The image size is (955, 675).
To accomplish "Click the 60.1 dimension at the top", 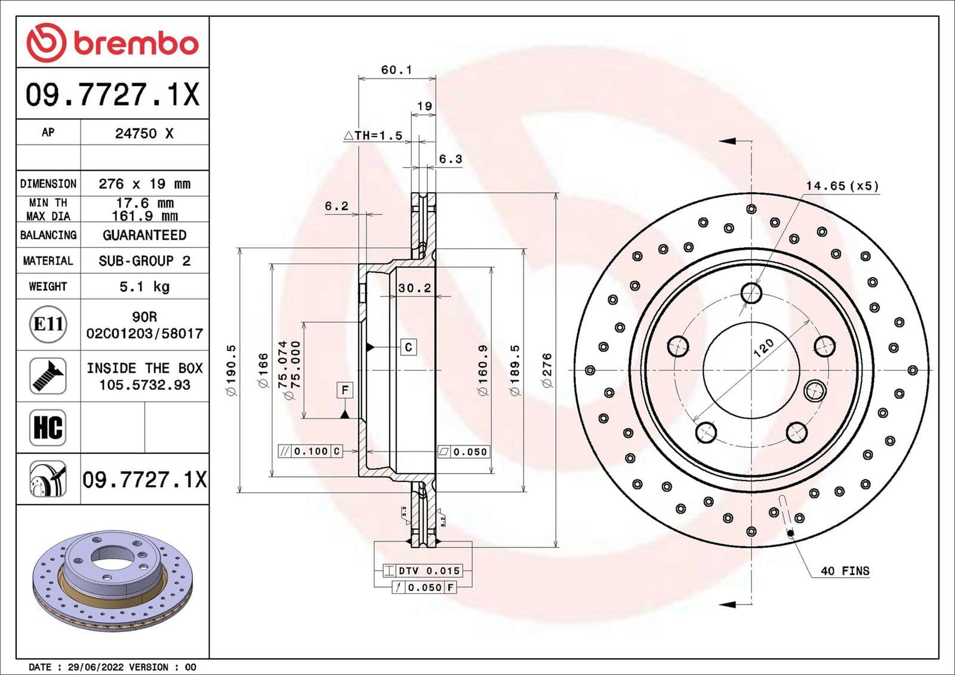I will [x=396, y=70].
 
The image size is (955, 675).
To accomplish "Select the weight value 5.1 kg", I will [x=144, y=287].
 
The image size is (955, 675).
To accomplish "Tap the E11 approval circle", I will [x=48, y=324].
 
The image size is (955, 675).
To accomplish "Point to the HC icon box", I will [x=48, y=428].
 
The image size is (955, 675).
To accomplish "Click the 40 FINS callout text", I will [x=845, y=571].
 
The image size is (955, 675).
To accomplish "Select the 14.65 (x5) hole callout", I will [x=842, y=186].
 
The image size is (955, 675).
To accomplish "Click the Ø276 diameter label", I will [x=547, y=370].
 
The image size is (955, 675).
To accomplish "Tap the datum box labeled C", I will [x=408, y=347].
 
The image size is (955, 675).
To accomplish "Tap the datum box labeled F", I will [x=345, y=391].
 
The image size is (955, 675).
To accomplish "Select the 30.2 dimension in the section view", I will [x=414, y=288].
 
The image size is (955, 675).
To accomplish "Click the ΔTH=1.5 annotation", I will [x=374, y=136].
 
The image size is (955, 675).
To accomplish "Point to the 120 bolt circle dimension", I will [x=763, y=346].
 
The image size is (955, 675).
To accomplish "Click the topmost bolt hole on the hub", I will [x=751, y=293].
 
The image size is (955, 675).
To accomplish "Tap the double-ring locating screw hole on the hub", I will [x=814, y=391].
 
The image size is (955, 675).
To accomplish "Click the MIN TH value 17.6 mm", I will [x=144, y=203].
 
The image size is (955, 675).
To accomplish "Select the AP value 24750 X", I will [x=144, y=134].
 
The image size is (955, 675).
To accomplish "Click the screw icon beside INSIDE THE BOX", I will [x=48, y=376].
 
